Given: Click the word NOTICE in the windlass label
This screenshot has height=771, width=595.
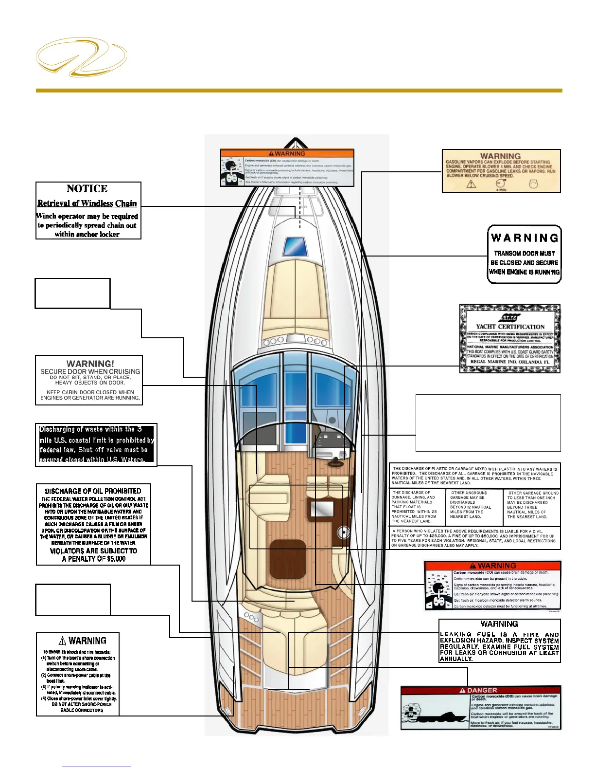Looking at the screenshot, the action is point(87,189).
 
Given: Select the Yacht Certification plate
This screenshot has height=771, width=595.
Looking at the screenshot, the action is point(509,339).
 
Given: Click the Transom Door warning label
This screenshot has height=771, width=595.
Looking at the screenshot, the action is point(524,254).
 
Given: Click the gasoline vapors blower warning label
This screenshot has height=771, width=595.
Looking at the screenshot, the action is point(501,171).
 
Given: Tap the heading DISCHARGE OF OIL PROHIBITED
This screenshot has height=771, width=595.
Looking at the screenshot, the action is point(93,491).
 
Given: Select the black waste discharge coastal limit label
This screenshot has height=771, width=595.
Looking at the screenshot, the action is point(96,444).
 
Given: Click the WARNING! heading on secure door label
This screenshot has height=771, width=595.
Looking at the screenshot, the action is point(90,364).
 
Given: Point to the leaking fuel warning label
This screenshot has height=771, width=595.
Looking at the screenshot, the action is point(499,641).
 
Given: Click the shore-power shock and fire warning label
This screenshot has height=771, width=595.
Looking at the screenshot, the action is point(78,674).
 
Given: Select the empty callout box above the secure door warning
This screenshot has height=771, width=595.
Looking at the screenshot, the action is point(72,293).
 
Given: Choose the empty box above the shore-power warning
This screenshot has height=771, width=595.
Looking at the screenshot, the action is point(73,599).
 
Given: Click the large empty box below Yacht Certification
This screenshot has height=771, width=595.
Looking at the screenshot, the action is point(488,422).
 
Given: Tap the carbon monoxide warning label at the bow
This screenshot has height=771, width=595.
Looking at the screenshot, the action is point(287,167).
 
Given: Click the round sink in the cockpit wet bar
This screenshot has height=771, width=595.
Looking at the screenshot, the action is point(344,532).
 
